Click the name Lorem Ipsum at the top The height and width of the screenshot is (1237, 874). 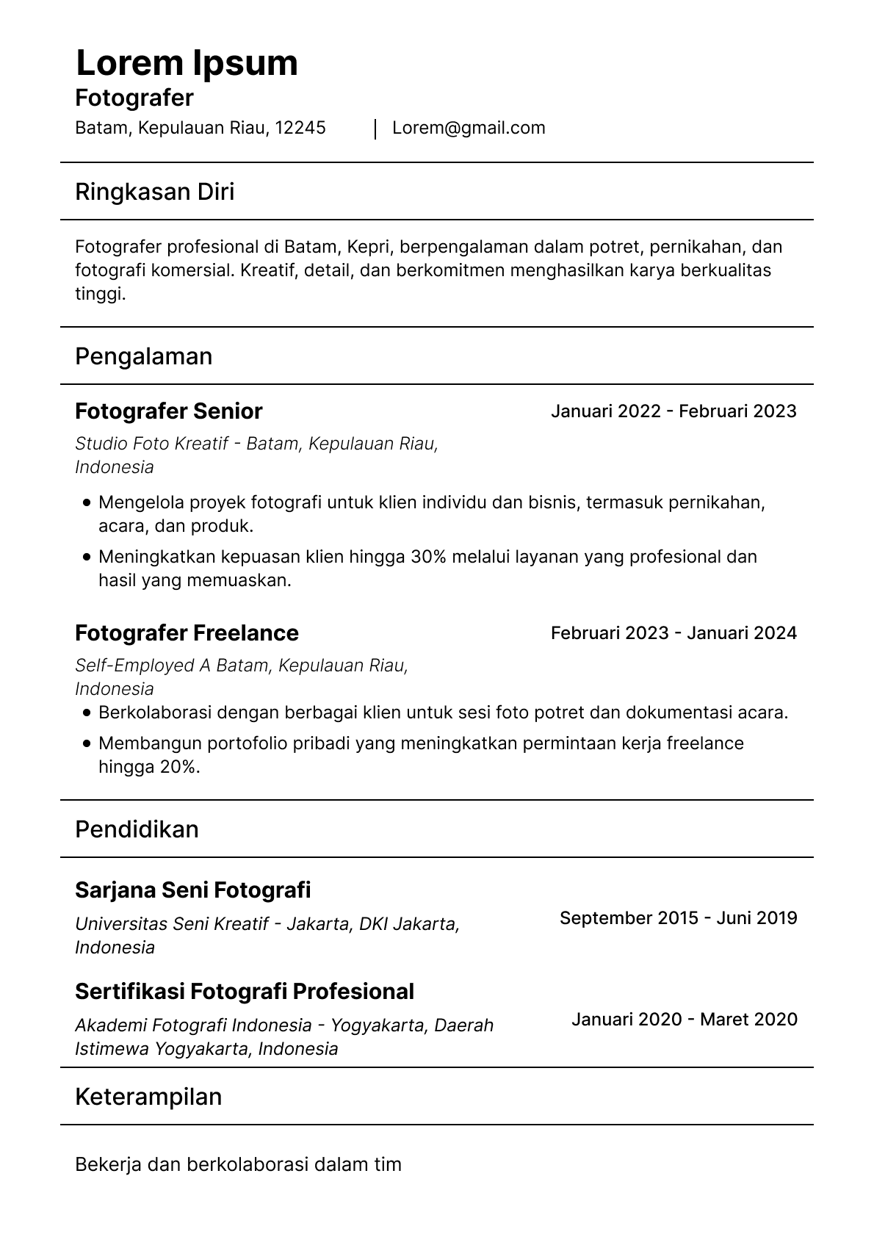187,63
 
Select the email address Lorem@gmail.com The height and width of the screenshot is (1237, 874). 469,128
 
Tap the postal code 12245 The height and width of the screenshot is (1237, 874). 300,128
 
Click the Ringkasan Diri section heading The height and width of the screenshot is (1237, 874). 154,192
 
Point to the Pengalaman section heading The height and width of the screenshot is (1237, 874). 143,356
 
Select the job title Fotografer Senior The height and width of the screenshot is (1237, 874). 168,411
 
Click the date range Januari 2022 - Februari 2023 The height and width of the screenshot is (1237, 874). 673,411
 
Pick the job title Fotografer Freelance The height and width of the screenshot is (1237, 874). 187,633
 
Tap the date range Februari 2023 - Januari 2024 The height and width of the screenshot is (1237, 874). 673,633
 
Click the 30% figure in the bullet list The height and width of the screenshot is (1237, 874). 428,557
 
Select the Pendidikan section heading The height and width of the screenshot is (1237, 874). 137,829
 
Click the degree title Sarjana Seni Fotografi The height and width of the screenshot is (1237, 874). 192,890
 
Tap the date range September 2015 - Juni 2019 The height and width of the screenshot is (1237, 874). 678,918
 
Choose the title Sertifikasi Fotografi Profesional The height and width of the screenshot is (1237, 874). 244,992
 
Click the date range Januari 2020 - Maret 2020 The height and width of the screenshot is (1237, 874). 684,1020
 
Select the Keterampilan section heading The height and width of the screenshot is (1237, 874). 148,1097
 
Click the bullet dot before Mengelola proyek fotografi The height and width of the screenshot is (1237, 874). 87,503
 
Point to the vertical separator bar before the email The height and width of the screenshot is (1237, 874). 375,129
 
